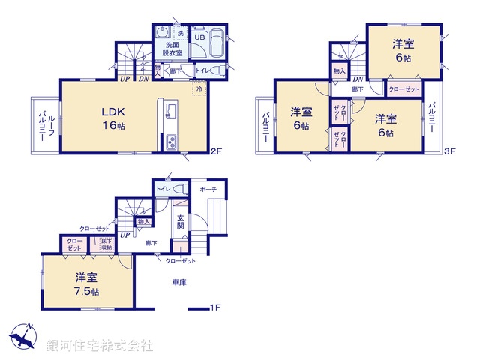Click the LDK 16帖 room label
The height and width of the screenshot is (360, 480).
[x=114, y=118]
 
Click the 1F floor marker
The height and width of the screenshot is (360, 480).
[x=215, y=307]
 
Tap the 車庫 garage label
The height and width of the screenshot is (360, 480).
[x=178, y=281]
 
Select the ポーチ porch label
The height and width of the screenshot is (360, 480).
[x=208, y=190]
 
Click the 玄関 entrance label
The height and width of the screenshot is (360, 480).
[x=180, y=219]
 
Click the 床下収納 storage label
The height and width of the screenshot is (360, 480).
[x=103, y=244]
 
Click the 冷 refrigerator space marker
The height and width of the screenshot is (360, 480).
[x=199, y=89]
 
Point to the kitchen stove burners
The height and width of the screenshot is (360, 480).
[x=170, y=141]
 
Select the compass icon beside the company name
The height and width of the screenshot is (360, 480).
[x=22, y=337]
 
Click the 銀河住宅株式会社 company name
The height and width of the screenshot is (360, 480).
[x=99, y=346]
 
